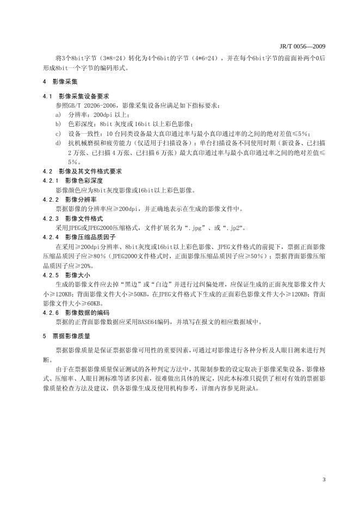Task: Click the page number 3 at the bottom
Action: click(x=324, y=479)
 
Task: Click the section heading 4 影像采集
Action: click(x=60, y=81)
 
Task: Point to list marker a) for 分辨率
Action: click(x=58, y=115)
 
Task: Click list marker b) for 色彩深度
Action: click(x=58, y=124)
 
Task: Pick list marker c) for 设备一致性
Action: click(x=58, y=133)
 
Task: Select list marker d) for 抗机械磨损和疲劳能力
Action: click(x=58, y=142)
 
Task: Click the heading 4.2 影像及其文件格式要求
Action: click(x=83, y=171)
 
